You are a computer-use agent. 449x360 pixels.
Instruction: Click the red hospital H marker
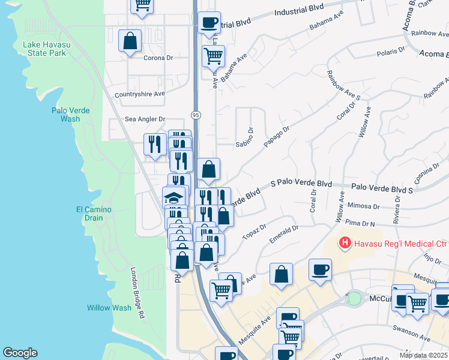(345, 244)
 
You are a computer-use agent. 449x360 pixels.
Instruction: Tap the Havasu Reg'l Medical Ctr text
(397, 244)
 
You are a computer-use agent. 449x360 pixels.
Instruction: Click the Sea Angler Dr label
(145, 119)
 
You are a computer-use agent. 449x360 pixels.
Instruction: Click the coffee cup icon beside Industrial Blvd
(209, 22)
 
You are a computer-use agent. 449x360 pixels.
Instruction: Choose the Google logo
(20, 353)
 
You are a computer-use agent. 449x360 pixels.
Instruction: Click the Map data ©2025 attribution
(423, 355)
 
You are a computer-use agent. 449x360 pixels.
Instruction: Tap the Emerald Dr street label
(284, 233)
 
